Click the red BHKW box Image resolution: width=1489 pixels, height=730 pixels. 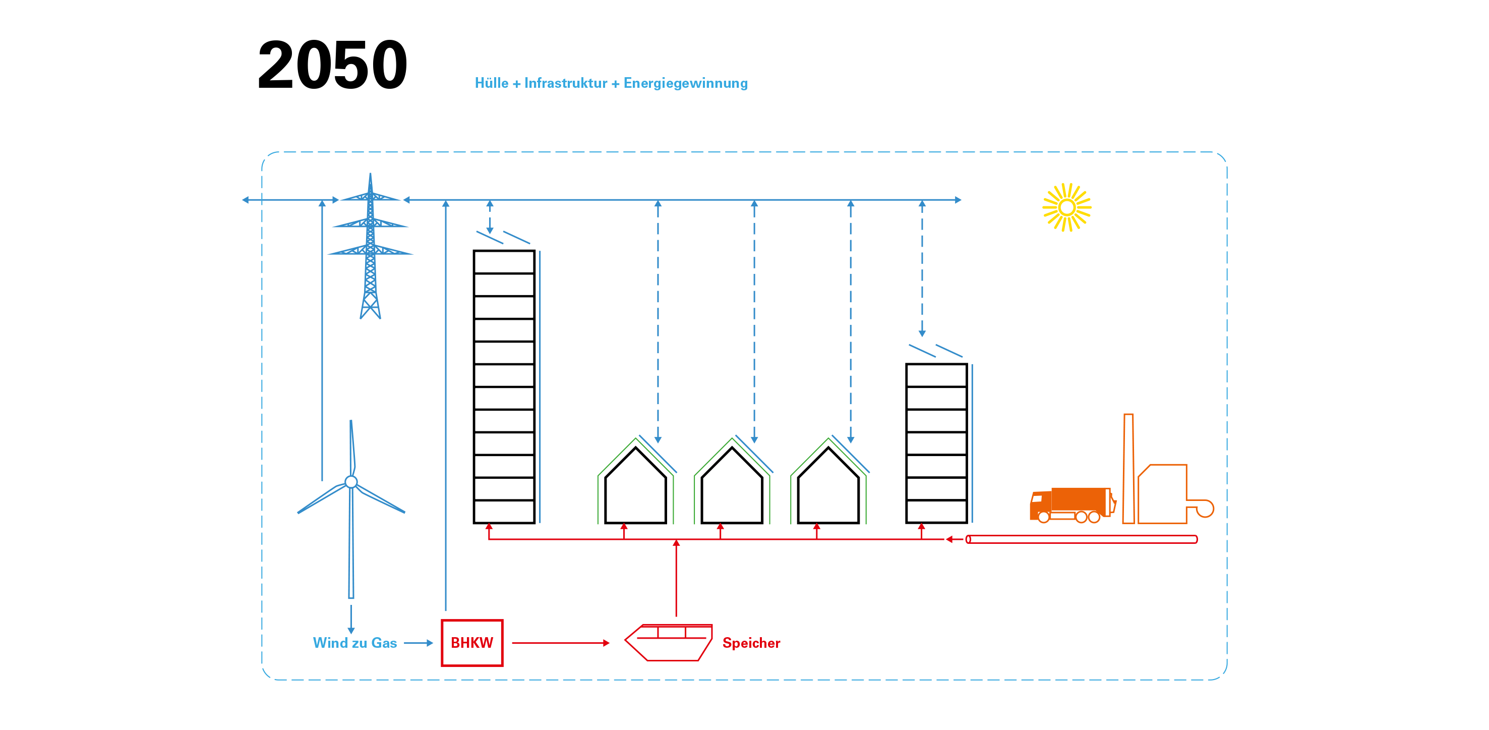(471, 643)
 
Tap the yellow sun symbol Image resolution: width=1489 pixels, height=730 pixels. (1066, 207)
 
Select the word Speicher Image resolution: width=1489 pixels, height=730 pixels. (751, 643)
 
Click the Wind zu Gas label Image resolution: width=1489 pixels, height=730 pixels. (354, 643)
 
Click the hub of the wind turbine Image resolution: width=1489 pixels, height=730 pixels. (351, 482)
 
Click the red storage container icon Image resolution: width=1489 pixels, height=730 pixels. (669, 642)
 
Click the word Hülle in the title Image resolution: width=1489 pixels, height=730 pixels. (491, 83)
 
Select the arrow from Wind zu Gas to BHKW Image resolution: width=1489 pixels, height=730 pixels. (419, 643)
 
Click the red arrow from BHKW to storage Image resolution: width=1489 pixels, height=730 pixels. (560, 643)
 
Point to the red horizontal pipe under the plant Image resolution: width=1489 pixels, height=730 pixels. (1081, 539)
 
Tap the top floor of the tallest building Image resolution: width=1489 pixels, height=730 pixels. (503, 262)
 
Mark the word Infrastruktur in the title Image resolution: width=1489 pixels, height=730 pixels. (565, 83)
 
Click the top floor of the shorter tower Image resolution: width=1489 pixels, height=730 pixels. (936, 375)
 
